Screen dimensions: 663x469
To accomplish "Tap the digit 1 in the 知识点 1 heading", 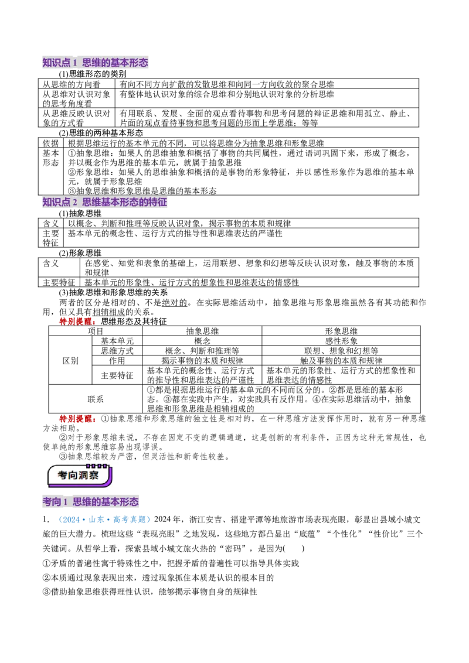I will [75, 62].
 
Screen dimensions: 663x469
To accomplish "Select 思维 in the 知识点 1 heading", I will [91, 62].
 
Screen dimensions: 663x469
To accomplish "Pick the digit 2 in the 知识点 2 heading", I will [75, 203].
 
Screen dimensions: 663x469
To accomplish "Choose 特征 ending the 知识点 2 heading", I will [159, 203].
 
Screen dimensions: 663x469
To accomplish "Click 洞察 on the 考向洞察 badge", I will [90, 476].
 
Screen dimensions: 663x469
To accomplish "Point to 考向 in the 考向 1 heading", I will [52, 502].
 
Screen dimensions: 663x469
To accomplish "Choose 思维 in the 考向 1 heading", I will [82, 502].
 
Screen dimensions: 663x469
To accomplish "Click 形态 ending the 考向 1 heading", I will [130, 502].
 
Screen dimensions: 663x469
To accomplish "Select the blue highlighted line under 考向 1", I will [103, 520].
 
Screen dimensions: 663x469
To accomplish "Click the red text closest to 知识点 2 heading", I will [77, 321].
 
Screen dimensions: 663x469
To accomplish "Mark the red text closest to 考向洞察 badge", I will [77, 419].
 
